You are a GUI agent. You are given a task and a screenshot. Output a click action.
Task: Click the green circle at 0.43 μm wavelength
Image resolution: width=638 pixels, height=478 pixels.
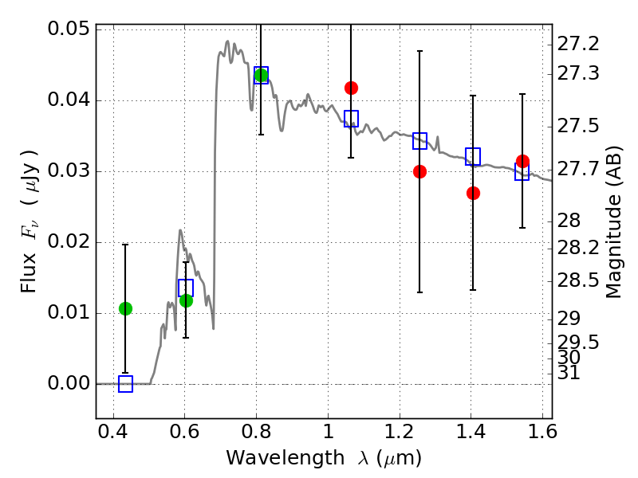tap(126, 309)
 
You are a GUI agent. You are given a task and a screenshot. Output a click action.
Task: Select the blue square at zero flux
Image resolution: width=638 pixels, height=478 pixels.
tap(126, 384)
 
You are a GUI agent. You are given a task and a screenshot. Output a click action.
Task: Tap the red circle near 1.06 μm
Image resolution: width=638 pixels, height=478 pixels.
tap(351, 88)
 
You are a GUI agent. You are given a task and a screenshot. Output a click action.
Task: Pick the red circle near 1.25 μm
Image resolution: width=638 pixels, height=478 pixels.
tap(419, 171)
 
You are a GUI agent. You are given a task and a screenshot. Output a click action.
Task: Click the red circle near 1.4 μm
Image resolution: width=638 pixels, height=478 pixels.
tap(473, 193)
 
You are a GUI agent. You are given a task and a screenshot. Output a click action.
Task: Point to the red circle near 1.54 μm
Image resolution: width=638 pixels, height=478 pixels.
tap(522, 162)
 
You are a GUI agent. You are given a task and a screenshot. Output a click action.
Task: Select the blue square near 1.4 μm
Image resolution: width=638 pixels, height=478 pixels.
tap(473, 156)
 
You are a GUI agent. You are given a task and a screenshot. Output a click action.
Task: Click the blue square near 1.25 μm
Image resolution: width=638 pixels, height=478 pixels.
tap(419, 141)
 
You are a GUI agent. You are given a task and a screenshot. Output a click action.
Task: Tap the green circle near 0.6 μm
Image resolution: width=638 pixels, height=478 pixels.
tap(186, 301)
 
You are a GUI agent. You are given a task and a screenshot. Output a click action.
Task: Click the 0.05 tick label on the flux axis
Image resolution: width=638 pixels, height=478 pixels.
tap(69, 29)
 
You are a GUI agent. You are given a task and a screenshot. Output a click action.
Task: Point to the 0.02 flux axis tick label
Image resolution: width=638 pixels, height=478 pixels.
tap(69, 242)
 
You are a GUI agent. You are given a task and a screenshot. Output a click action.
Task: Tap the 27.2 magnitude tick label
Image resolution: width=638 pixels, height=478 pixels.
tap(577, 44)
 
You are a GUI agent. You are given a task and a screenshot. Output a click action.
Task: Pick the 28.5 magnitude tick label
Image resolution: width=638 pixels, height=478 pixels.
tap(577, 281)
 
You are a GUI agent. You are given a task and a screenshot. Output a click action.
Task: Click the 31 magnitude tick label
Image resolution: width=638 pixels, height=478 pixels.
tap(569, 373)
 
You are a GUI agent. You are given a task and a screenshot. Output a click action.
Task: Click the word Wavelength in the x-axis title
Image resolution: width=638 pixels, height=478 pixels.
tap(286, 458)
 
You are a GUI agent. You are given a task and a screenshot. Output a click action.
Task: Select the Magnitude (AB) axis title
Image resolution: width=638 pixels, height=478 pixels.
tap(614, 222)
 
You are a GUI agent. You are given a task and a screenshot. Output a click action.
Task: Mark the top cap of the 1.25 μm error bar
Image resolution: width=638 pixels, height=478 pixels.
tap(419, 51)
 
